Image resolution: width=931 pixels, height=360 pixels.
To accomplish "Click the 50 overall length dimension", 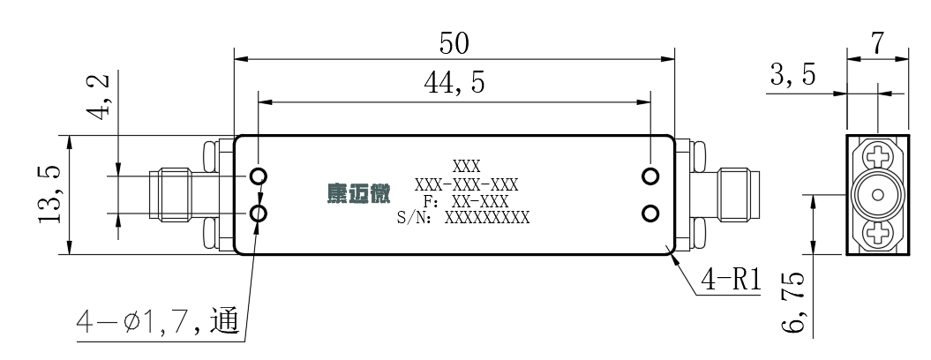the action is coord(454,44).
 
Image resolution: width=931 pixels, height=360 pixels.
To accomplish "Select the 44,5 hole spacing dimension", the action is coord(454,84).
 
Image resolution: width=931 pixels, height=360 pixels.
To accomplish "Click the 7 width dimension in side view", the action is coord(877,43).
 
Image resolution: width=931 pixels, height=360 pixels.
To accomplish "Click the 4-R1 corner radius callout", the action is coord(731,280).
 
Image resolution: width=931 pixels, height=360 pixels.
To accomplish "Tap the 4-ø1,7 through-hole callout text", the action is coord(158,322).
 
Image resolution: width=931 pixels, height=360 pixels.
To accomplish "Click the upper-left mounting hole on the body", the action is coord(259,176).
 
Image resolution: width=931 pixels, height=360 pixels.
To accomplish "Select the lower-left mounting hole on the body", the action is coord(259,214).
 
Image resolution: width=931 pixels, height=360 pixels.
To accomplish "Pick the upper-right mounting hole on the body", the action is coord(650,176).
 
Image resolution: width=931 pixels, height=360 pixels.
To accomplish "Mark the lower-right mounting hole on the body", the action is coord(650,214).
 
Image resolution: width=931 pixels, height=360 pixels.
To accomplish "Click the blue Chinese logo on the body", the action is coord(358,193).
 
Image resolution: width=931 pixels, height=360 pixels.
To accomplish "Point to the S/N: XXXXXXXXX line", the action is coord(463,217).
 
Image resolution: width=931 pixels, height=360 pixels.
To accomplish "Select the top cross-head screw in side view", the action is coord(877,157).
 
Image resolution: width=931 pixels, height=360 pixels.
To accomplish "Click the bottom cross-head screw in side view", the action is coord(877,232).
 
